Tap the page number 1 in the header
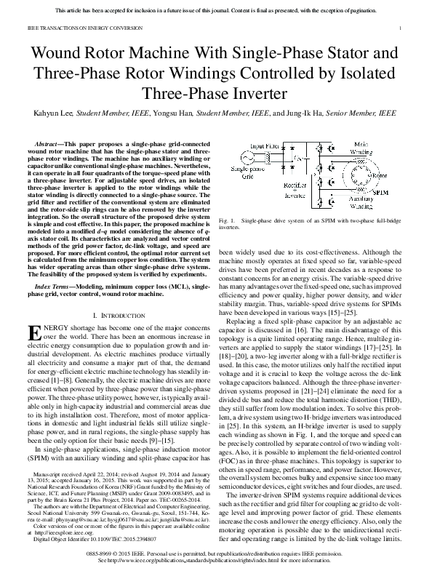[x=401, y=28]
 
